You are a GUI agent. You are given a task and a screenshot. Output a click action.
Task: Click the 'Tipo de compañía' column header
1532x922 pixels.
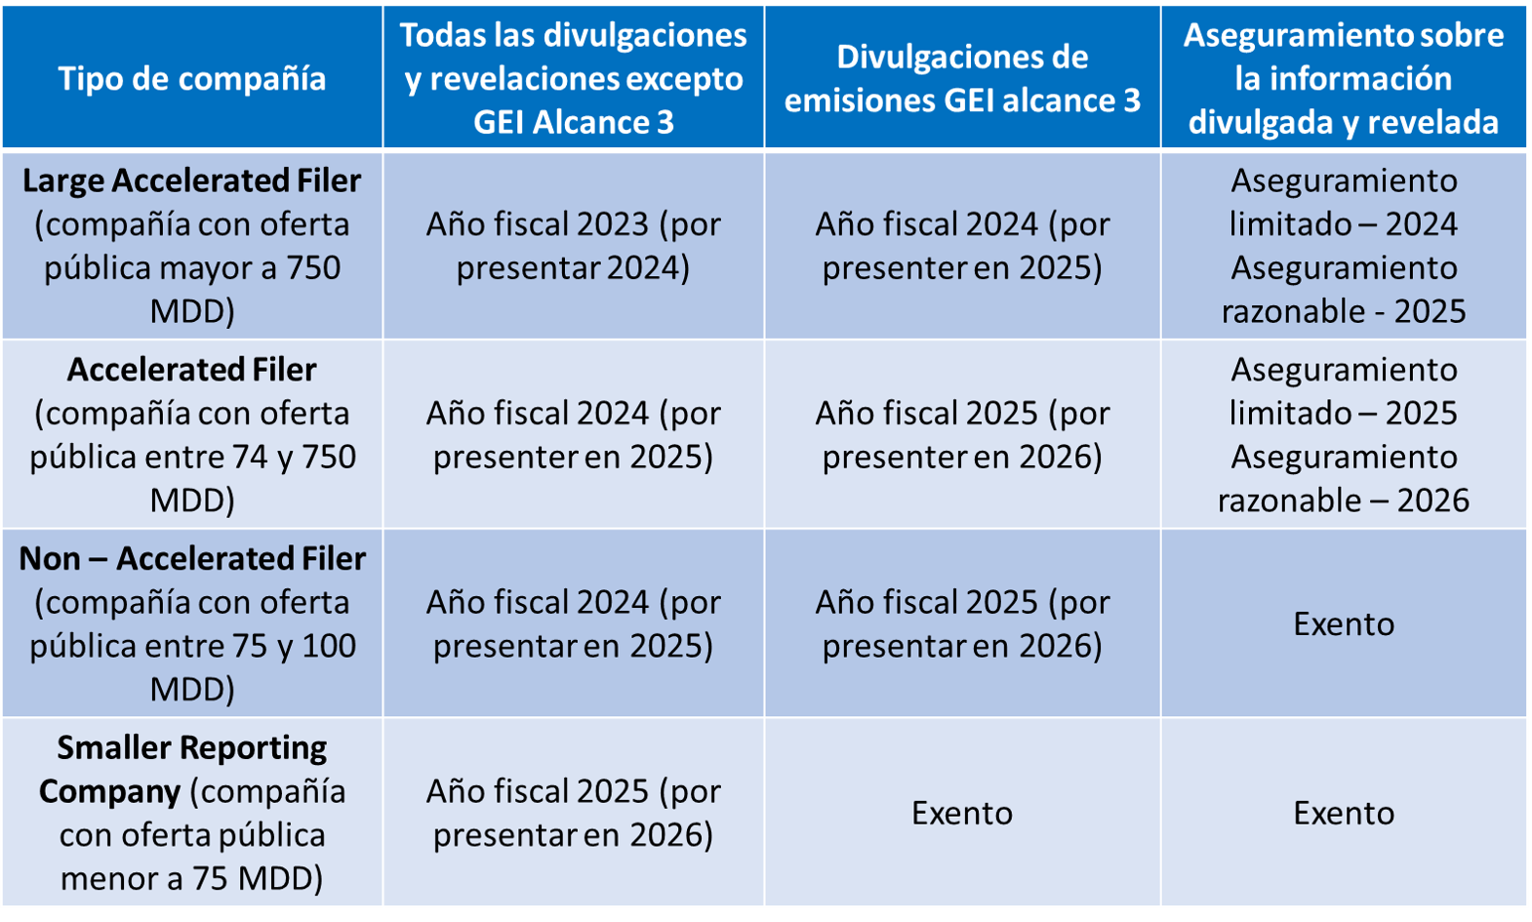(192, 78)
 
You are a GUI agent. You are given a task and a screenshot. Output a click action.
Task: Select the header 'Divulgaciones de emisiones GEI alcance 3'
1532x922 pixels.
(962, 78)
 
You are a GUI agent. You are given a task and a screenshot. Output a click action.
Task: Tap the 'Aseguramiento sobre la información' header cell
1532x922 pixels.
(1344, 78)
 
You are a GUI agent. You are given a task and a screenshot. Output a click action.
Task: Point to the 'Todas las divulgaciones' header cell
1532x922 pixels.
(573, 78)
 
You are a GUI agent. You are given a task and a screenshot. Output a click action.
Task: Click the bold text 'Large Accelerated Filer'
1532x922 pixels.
(192, 180)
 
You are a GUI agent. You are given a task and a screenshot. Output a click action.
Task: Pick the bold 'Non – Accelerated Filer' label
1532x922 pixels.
(192, 558)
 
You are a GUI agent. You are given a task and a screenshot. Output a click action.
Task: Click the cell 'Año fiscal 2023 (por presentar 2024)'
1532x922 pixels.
(573, 245)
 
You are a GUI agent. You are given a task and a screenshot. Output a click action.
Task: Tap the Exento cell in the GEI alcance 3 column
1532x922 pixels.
(962, 813)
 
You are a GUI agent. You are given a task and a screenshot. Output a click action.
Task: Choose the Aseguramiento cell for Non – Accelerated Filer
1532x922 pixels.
(1344, 623)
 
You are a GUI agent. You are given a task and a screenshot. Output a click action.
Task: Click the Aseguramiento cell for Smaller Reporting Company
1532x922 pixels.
(1344, 813)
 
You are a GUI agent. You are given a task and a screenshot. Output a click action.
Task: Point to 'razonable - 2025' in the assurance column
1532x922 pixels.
(1344, 310)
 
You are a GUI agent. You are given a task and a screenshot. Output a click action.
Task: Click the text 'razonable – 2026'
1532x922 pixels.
(1344, 500)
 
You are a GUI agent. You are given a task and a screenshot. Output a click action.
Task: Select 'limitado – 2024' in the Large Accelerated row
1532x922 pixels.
(1344, 223)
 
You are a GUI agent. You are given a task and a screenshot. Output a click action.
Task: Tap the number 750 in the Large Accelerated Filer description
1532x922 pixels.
(313, 267)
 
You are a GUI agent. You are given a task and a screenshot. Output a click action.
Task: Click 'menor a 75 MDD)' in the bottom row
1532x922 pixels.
(192, 878)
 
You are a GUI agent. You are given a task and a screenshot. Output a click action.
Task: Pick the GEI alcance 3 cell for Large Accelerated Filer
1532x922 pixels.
(962, 245)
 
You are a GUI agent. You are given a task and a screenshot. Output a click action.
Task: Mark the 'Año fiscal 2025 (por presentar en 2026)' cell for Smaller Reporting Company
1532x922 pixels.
(573, 813)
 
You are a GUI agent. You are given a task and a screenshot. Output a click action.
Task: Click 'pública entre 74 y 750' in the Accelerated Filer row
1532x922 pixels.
(192, 457)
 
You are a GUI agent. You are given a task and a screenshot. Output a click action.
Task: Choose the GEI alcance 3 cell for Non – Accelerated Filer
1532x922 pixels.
(962, 623)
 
